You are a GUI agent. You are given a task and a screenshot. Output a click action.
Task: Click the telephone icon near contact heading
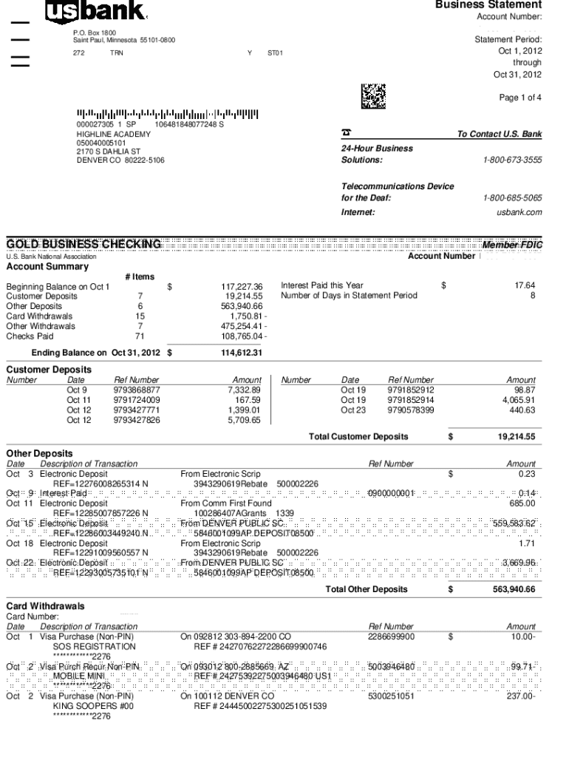coord(346,133)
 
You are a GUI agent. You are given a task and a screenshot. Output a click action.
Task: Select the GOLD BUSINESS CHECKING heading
coord(84,245)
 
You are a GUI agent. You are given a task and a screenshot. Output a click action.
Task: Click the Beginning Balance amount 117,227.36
coord(242,286)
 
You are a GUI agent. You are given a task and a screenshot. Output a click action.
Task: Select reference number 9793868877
coord(137,390)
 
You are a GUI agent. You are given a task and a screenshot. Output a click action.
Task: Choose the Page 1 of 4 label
coord(520,98)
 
